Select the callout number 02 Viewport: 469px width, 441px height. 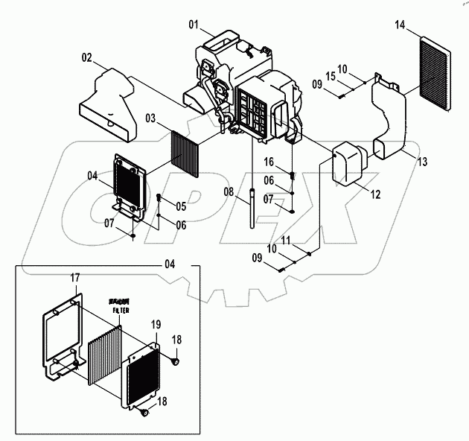tap(86, 57)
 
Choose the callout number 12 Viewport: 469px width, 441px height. tap(375, 194)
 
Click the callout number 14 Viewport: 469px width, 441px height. tap(400, 26)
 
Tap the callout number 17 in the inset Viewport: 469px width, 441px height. tap(75, 278)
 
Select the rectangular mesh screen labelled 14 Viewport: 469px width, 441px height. tap(435, 73)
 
